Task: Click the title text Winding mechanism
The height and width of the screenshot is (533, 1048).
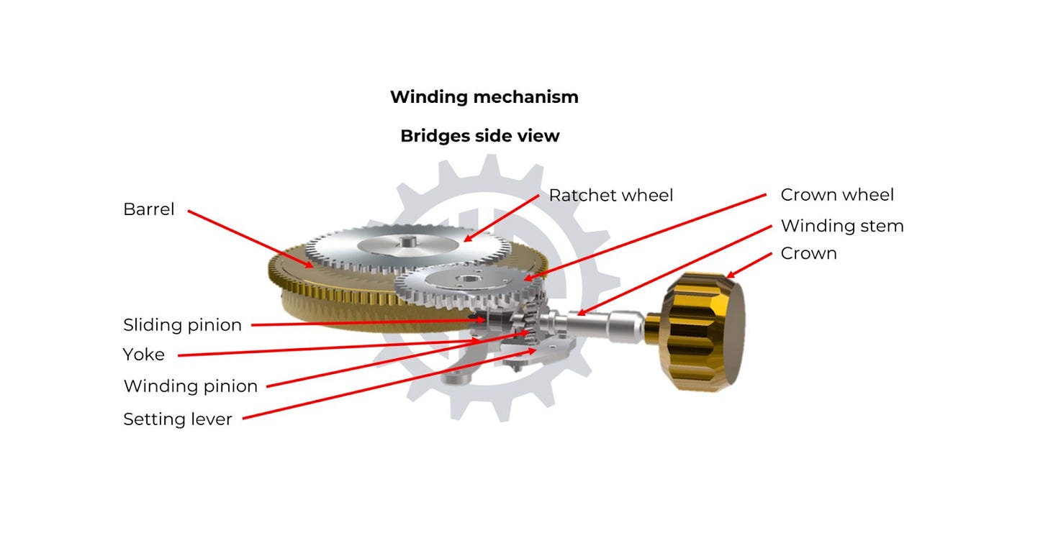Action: point(484,97)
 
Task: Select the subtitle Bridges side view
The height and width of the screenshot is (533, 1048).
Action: point(479,136)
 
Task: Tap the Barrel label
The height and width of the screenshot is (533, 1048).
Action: point(149,209)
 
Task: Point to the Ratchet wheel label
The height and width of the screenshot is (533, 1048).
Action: point(610,195)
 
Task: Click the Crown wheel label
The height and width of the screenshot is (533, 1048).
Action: point(837,195)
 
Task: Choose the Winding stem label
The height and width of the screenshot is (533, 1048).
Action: point(841,226)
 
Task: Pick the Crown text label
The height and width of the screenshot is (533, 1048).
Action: point(808,254)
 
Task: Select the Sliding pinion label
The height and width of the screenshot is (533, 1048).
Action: point(183,325)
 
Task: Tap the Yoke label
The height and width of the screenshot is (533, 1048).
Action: point(144,355)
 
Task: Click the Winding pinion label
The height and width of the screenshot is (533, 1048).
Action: point(191,386)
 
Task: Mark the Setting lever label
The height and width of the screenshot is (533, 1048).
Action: point(178,419)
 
